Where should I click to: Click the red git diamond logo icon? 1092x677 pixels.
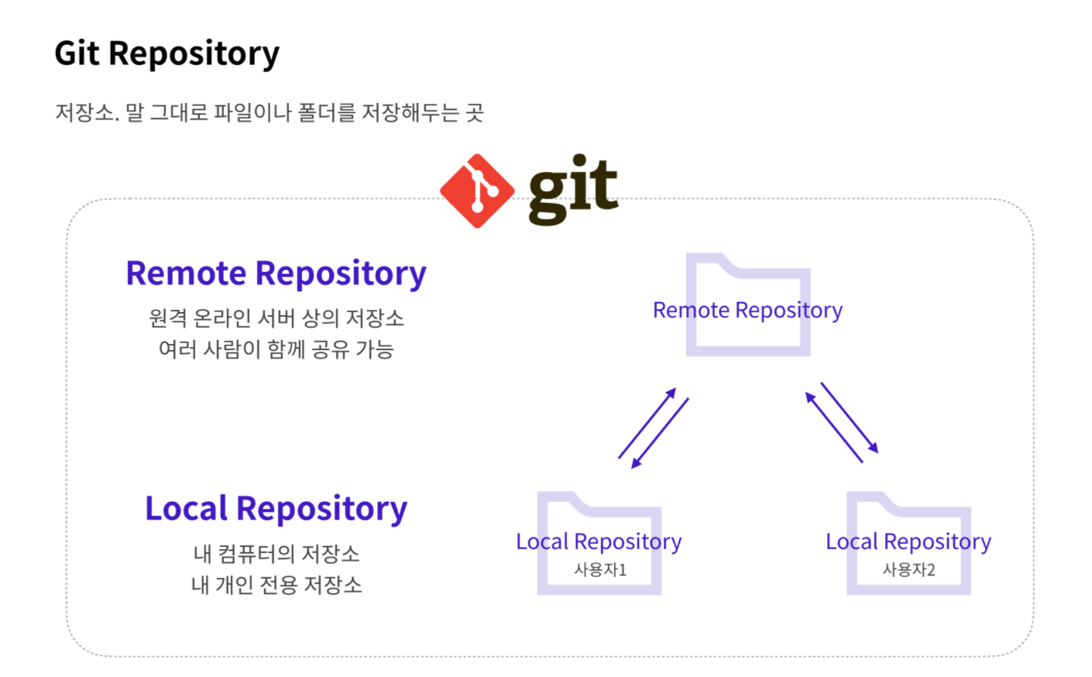click(477, 191)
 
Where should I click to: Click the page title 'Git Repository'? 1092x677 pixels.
click(167, 53)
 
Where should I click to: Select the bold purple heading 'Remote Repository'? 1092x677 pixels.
click(276, 273)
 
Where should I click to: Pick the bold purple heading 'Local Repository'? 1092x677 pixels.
click(276, 509)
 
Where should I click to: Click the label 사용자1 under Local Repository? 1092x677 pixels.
click(599, 570)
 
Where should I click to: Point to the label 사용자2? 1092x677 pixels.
click(908, 570)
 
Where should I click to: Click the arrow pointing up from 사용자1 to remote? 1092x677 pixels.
click(647, 423)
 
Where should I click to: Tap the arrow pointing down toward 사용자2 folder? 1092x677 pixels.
click(850, 418)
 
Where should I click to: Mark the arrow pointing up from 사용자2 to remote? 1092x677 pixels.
click(834, 428)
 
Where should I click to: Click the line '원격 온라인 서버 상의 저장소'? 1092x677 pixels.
click(276, 318)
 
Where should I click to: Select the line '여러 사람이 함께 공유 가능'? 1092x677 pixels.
click(276, 349)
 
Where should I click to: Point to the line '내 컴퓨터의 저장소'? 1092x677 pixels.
click(276, 554)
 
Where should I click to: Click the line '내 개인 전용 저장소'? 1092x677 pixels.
click(276, 585)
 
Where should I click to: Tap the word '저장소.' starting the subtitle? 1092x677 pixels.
click(87, 113)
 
